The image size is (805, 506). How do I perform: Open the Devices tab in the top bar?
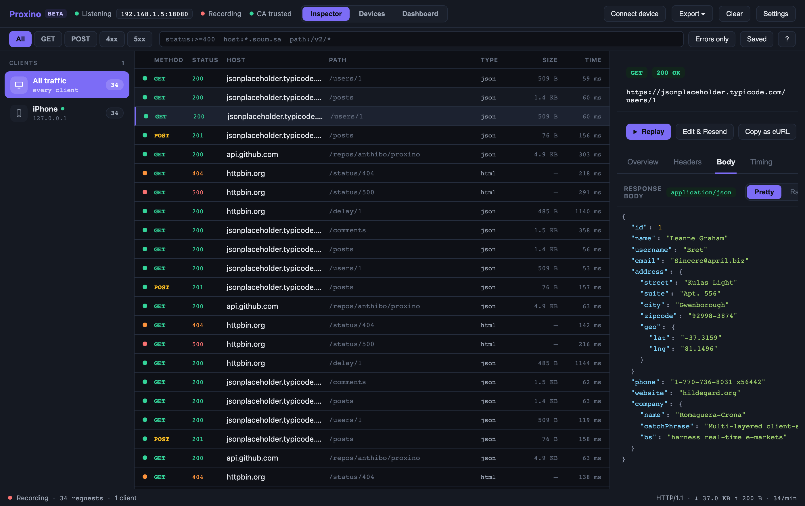(x=372, y=14)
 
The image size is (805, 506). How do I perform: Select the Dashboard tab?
(x=420, y=14)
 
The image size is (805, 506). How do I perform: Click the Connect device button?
(x=635, y=14)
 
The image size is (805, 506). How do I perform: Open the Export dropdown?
(x=692, y=14)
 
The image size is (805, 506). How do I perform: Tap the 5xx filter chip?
(x=139, y=39)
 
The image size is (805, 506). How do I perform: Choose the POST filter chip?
(x=80, y=39)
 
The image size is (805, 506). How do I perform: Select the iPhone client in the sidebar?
(x=67, y=113)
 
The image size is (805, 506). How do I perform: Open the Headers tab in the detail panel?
(x=687, y=162)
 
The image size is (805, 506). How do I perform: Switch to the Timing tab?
(x=761, y=162)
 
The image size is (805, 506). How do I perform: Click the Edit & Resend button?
(x=704, y=132)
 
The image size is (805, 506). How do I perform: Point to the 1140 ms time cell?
(x=588, y=211)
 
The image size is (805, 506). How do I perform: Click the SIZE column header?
(x=550, y=60)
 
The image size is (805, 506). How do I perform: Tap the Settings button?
(x=776, y=14)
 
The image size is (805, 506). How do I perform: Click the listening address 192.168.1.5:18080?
(x=154, y=14)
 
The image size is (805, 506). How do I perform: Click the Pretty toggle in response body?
(x=764, y=192)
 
